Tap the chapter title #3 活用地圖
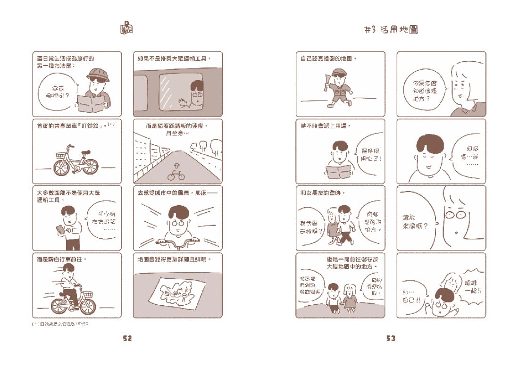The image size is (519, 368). [392, 30]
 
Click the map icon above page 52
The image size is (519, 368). [126, 28]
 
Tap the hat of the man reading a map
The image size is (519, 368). [98, 73]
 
